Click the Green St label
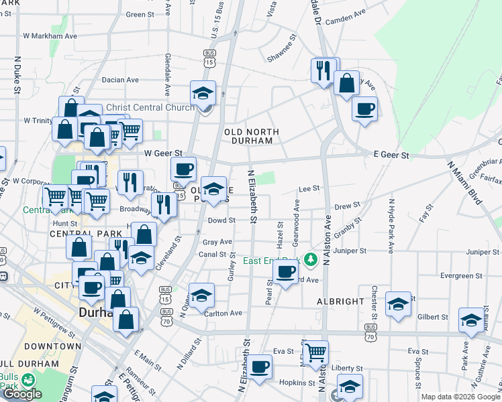point(140,14)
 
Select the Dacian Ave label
point(120,80)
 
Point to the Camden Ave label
point(345,13)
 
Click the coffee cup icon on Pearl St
point(285,271)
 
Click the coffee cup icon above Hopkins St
point(259,366)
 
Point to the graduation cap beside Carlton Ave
point(201,295)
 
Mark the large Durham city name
point(99,312)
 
